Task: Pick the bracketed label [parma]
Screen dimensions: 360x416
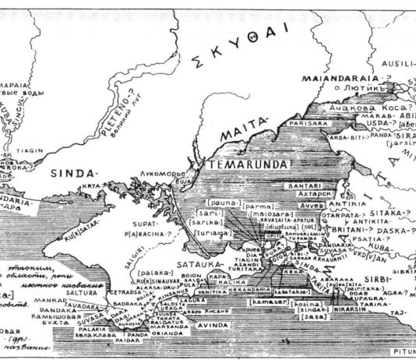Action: pyautogui.click(x=257, y=206)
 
